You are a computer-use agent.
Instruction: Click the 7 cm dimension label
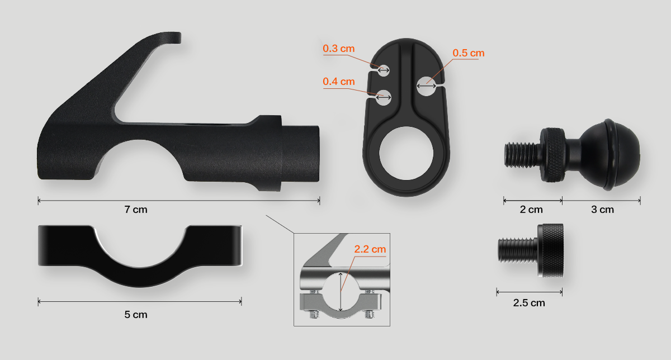[136, 210]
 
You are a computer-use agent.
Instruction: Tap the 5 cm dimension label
[136, 315]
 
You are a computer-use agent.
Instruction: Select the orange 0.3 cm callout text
[338, 49]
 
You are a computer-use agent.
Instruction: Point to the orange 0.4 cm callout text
[338, 82]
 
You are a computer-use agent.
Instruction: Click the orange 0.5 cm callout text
[468, 53]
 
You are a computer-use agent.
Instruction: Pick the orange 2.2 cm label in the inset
[370, 249]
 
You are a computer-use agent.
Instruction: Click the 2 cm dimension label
[531, 210]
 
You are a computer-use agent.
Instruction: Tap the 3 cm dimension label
[602, 210]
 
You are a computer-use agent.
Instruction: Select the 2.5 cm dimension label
[529, 303]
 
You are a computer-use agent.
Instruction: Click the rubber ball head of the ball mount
[609, 154]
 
